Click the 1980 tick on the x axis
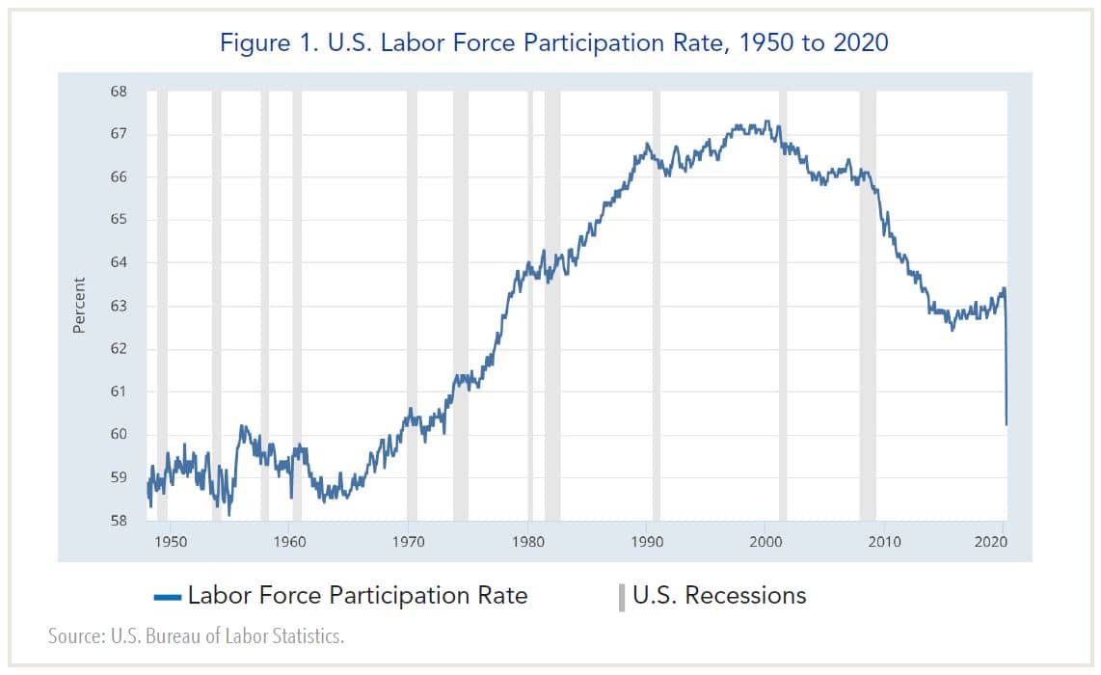click(x=527, y=541)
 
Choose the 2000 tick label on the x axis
click(x=765, y=541)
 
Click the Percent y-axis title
click(x=79, y=306)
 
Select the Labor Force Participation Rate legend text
click(x=358, y=595)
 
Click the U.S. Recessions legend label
click(x=719, y=595)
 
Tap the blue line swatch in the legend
click(x=168, y=597)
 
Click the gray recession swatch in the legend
click(x=622, y=596)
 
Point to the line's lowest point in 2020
click(x=1006, y=423)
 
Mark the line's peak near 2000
click(x=766, y=121)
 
